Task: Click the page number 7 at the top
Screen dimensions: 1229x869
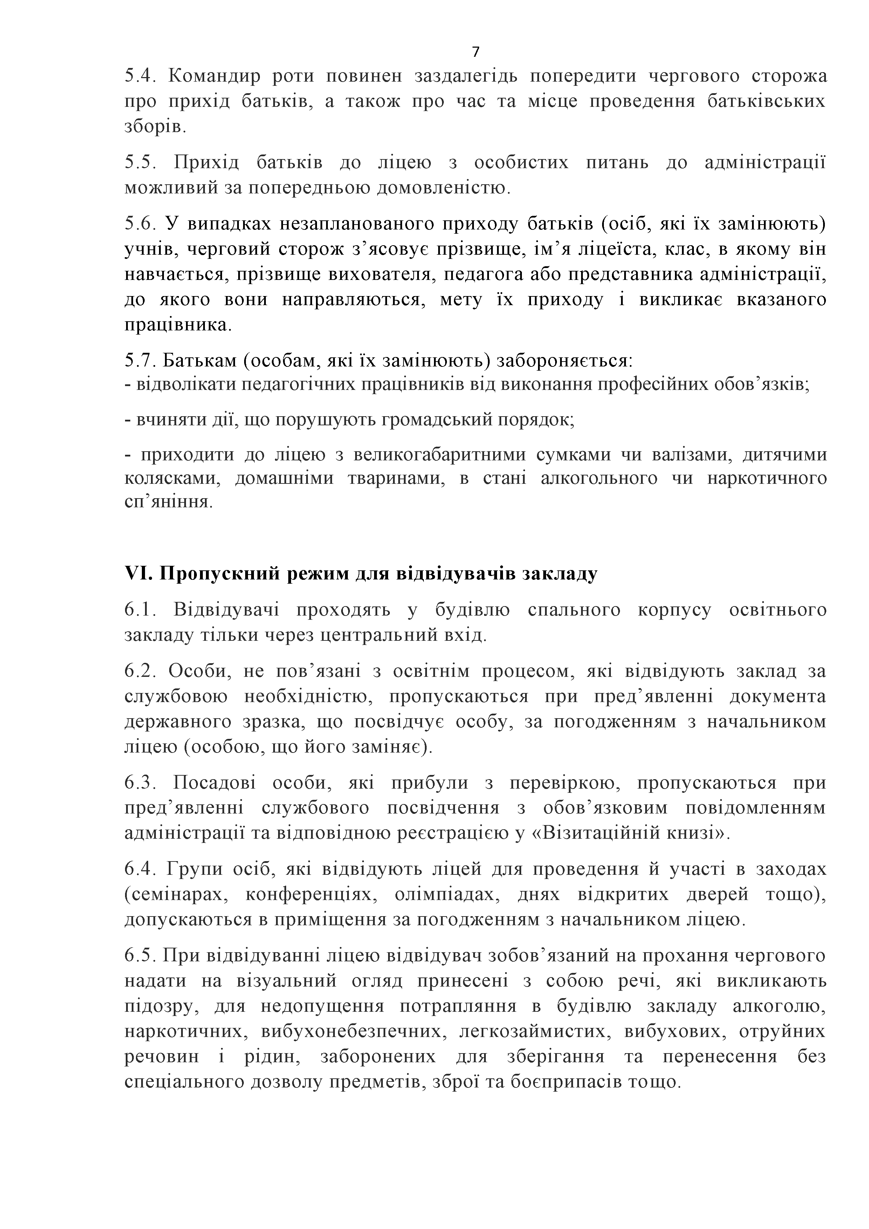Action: pos(476,52)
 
